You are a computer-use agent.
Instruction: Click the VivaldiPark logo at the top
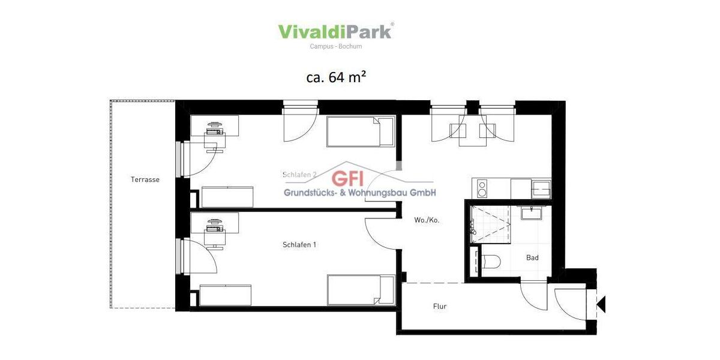(x=335, y=31)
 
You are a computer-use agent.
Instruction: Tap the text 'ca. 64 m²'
(x=336, y=77)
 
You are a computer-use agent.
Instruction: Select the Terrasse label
(x=145, y=179)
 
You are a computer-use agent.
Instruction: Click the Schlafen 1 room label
(x=299, y=245)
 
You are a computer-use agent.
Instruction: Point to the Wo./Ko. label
(x=427, y=220)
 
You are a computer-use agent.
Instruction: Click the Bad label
(x=532, y=257)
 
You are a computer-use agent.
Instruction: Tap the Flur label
(x=440, y=307)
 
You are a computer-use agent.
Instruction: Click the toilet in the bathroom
(x=490, y=262)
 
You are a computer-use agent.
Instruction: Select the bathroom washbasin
(x=531, y=213)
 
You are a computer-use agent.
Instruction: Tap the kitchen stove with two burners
(x=481, y=188)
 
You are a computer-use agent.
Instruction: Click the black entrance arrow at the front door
(x=601, y=305)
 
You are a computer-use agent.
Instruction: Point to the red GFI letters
(x=348, y=178)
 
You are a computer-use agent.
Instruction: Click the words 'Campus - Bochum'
(x=335, y=46)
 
